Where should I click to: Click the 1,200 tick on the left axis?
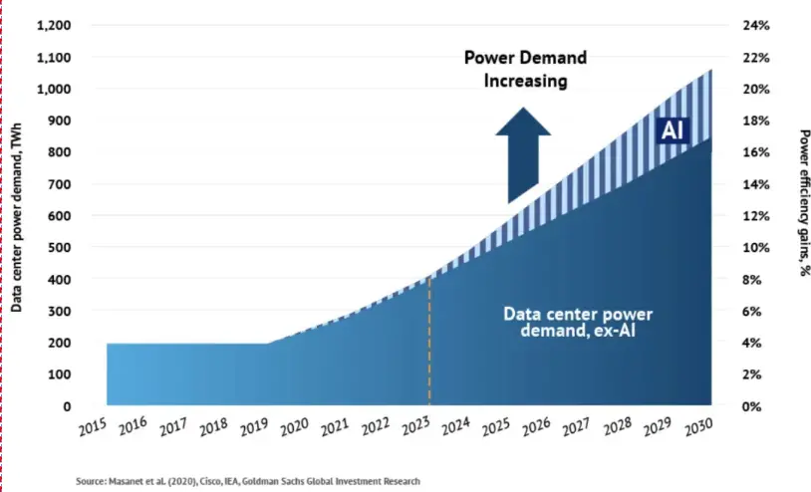(x=53, y=25)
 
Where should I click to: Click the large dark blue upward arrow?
(x=523, y=154)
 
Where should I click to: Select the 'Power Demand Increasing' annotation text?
(x=526, y=69)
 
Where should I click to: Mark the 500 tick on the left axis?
(x=57, y=247)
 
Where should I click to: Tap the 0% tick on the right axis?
(x=751, y=406)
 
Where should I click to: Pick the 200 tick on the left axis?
(x=57, y=343)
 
